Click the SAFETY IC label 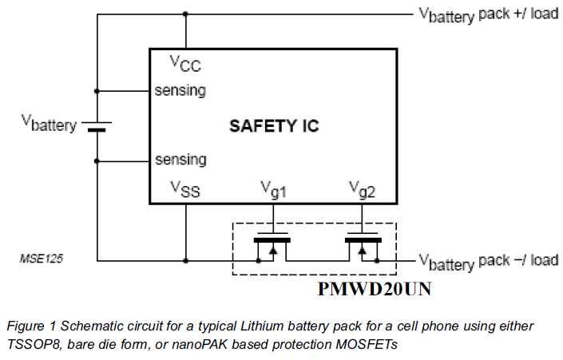(x=274, y=126)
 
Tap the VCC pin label (x=185, y=64)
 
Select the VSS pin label (x=185, y=189)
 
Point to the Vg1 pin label (x=273, y=189)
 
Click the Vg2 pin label (x=362, y=189)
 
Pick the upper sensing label (x=180, y=90)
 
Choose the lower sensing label (x=180, y=160)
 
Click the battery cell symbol (x=97, y=126)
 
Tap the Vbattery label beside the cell (x=50, y=124)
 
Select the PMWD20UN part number (x=375, y=289)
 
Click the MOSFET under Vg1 (x=272, y=247)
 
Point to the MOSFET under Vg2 (x=363, y=247)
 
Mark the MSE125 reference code (x=42, y=259)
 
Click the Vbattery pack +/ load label (x=489, y=15)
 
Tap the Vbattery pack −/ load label (x=489, y=262)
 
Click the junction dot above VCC (x=185, y=14)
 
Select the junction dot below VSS (x=185, y=260)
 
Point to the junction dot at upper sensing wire (x=97, y=91)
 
